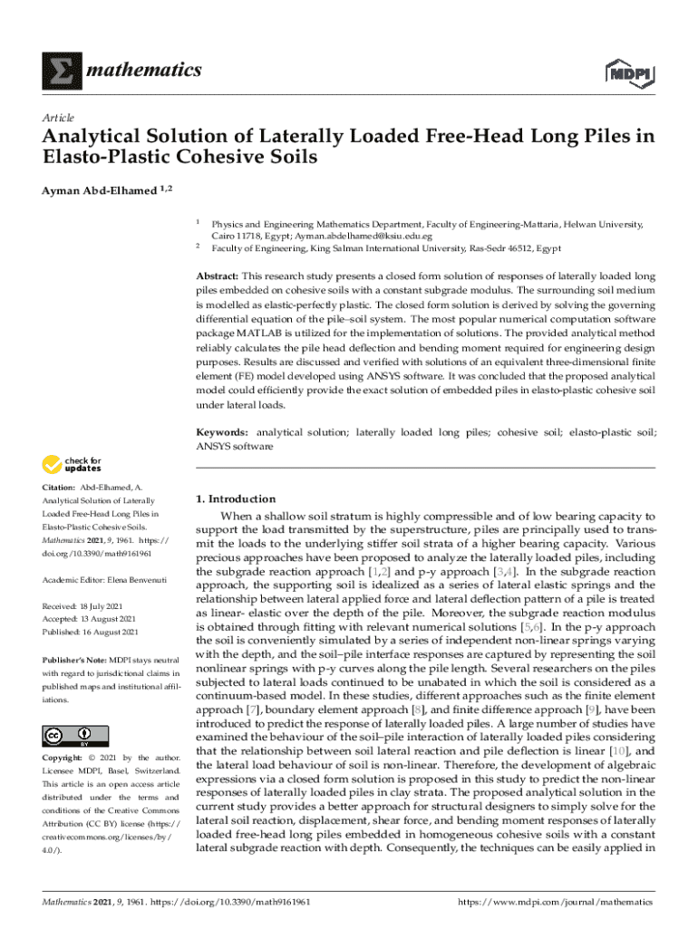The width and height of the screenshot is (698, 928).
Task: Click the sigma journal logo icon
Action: (59, 71)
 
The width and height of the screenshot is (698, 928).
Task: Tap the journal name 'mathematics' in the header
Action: (143, 71)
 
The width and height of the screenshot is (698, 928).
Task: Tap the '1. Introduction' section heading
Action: (236, 498)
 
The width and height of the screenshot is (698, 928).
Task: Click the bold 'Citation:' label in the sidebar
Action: (58, 489)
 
